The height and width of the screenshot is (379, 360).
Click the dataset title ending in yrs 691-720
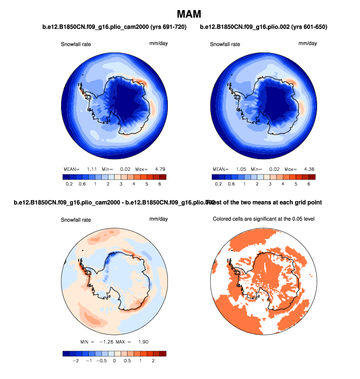(x=114, y=27)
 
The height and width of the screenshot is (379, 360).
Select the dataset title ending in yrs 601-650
(x=264, y=27)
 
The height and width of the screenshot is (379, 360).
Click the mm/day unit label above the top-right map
(x=308, y=43)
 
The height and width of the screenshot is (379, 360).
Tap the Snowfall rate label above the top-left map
(x=76, y=44)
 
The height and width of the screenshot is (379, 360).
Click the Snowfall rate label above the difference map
(x=76, y=220)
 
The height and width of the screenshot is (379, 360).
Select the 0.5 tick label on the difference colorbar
(x=127, y=361)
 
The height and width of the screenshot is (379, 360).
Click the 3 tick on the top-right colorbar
(x=270, y=184)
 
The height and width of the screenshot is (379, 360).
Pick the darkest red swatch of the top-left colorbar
(x=162, y=177)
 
